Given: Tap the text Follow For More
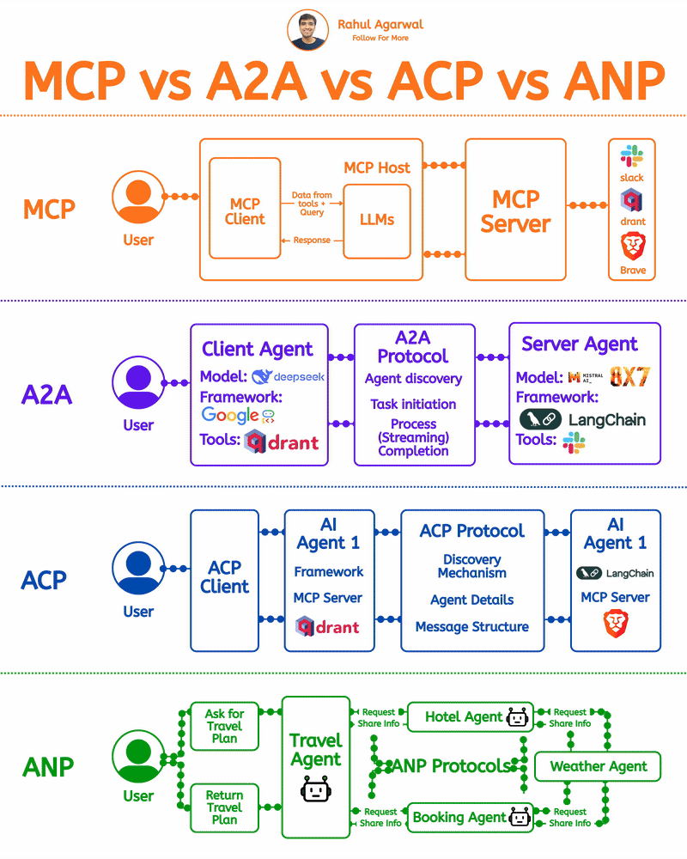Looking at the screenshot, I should [x=380, y=38].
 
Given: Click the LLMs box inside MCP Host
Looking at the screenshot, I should [x=377, y=219].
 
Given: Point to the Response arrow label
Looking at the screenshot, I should [x=312, y=241].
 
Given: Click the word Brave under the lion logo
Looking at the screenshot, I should [x=633, y=271].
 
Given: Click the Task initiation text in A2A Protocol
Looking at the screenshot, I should [x=413, y=404].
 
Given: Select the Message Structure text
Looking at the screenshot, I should [x=471, y=627].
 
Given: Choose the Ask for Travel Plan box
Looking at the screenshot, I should [x=224, y=726].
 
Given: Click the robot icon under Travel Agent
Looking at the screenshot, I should [x=315, y=789].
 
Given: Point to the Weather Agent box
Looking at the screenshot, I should [x=599, y=766].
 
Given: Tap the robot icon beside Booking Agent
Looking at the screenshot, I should [x=520, y=817].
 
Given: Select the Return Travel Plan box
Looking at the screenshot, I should [x=224, y=807].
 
